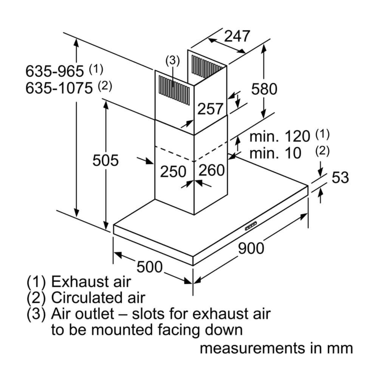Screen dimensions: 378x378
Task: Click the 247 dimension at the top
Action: point(237,36)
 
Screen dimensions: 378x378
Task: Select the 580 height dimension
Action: point(264,89)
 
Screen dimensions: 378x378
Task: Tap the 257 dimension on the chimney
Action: point(211,109)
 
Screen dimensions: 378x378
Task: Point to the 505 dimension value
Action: point(105,161)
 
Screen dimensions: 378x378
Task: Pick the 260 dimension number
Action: point(212,170)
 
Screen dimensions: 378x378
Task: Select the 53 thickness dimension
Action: point(340,177)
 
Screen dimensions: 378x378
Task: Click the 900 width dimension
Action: point(251,248)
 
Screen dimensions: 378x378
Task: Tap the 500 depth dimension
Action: point(149,267)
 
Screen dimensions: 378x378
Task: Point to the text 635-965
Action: point(54,71)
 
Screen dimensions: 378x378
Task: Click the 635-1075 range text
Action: point(59,88)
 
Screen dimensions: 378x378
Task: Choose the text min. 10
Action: point(275,153)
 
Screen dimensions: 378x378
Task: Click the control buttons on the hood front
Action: point(251,226)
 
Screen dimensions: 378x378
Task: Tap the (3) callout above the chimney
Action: point(172,60)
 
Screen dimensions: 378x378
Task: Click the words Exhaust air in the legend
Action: point(91,282)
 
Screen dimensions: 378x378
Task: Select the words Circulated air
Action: point(98,298)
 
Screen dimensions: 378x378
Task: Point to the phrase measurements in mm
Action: point(276,348)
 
